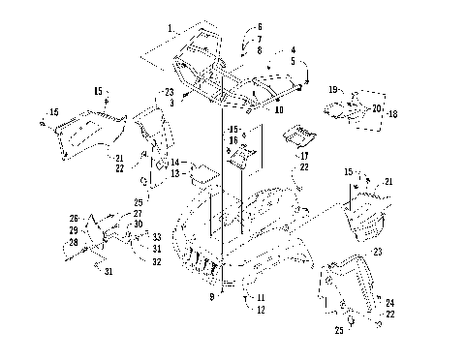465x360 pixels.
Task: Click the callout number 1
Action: (171, 29)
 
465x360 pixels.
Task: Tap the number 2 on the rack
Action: (210, 73)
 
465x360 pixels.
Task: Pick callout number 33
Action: (157, 237)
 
